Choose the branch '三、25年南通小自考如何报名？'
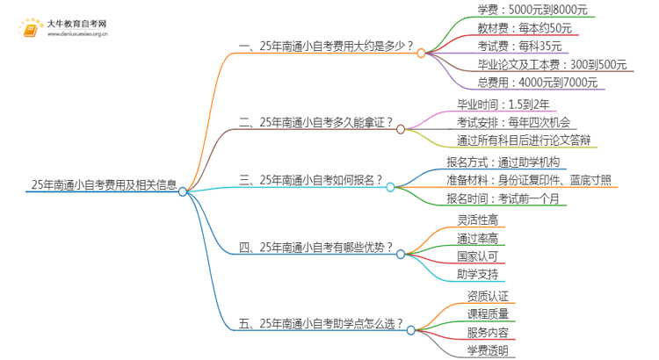311,180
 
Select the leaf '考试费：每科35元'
514,47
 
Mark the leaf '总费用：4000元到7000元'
538,83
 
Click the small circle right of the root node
183,192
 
